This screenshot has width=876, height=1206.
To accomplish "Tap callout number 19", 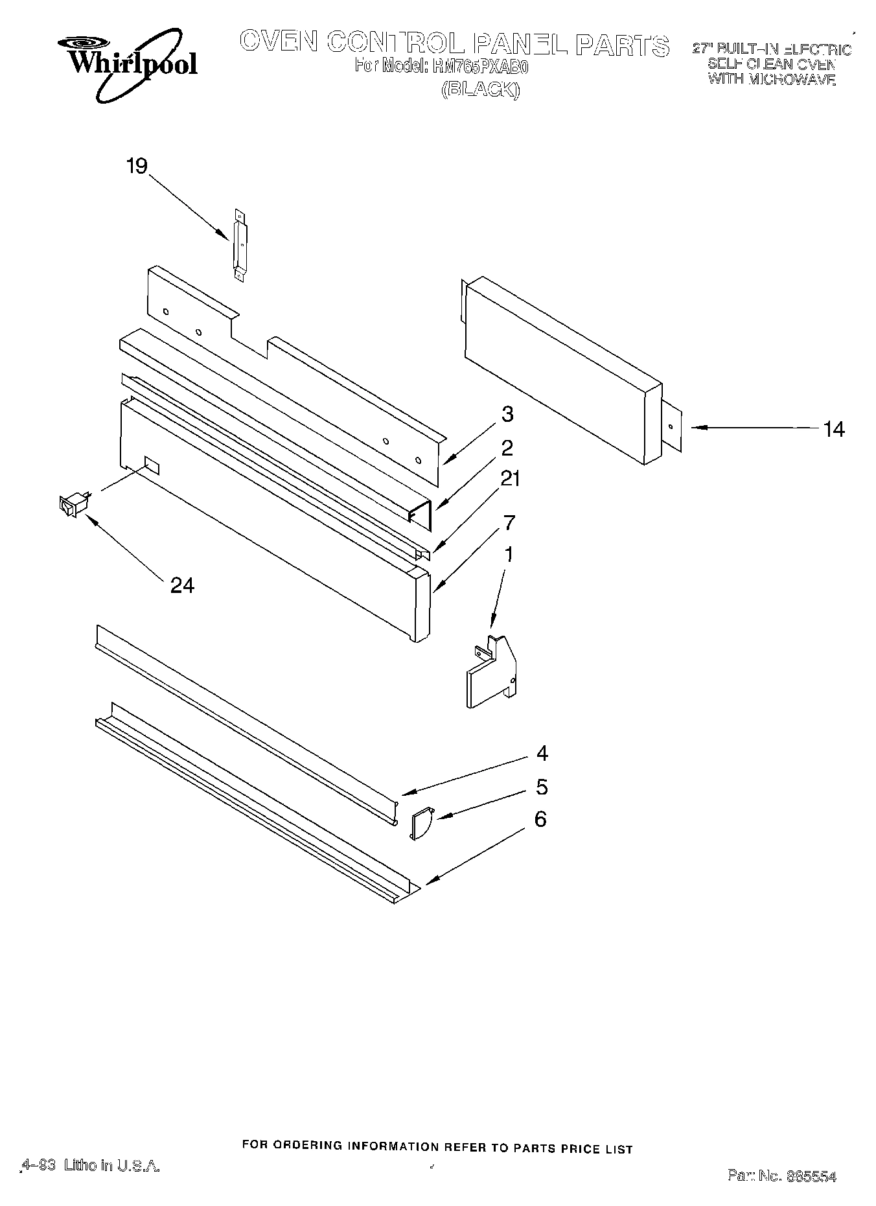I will pos(137,166).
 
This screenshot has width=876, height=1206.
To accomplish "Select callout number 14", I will pos(834,429).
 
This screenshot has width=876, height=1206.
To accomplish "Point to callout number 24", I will pos(182,585).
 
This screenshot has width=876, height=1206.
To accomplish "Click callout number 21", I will pos(510,479).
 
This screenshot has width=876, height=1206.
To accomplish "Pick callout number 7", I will pos(510,522).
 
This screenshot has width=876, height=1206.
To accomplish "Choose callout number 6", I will pos(540,819).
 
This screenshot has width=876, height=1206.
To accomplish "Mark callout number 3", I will pos(507,413).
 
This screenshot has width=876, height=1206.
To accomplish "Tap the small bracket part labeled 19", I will pos(240,245).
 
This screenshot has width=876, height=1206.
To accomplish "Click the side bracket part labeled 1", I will pos(491,672).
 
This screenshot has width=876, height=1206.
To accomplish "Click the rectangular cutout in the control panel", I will pos(152,464).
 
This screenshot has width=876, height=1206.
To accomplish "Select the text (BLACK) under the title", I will pos(480,90).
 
